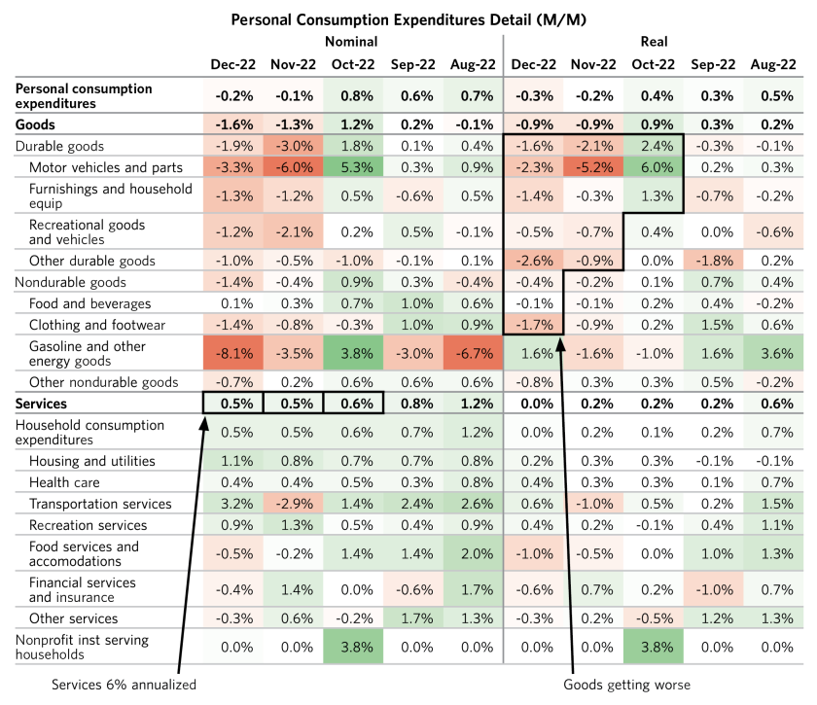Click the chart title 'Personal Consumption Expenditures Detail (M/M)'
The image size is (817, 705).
pyautogui.click(x=409, y=19)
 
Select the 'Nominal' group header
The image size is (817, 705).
pyautogui.click(x=352, y=42)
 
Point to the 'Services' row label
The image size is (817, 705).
pyautogui.click(x=45, y=402)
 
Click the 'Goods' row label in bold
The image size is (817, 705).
pyautogui.click(x=36, y=124)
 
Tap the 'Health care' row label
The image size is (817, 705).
pyautogui.click(x=64, y=481)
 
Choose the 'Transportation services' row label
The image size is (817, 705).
pyautogui.click(x=100, y=504)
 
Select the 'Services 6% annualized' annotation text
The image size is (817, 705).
pyautogui.click(x=125, y=685)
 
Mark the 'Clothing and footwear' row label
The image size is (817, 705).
pyautogui.click(x=97, y=325)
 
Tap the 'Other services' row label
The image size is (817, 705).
pyautogui.click(x=74, y=618)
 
